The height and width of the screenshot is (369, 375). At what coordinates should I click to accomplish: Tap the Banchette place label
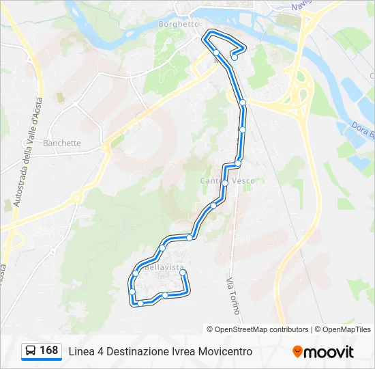pyautogui.click(x=61, y=143)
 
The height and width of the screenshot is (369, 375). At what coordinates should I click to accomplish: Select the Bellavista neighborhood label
pyautogui.click(x=164, y=266)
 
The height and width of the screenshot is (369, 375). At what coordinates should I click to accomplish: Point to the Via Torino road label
pyautogui.click(x=233, y=296)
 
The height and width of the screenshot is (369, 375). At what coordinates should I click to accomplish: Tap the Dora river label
pyautogui.click(x=362, y=132)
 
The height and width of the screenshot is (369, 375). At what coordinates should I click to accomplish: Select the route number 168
pyautogui.click(x=49, y=351)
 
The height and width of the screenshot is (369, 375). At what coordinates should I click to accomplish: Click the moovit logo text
pyautogui.click(x=329, y=352)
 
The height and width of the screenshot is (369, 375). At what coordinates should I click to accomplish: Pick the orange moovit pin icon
pyautogui.click(x=297, y=352)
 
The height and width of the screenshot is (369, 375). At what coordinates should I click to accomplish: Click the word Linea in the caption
pyautogui.click(x=81, y=351)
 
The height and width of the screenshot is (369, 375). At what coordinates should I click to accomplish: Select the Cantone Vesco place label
pyautogui.click(x=227, y=180)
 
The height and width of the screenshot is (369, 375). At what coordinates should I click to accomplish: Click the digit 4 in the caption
pyautogui.click(x=100, y=351)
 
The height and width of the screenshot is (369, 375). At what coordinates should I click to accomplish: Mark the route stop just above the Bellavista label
pyautogui.click(x=162, y=247)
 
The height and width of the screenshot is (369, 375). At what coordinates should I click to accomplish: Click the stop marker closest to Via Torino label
pyautogui.click(x=183, y=273)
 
